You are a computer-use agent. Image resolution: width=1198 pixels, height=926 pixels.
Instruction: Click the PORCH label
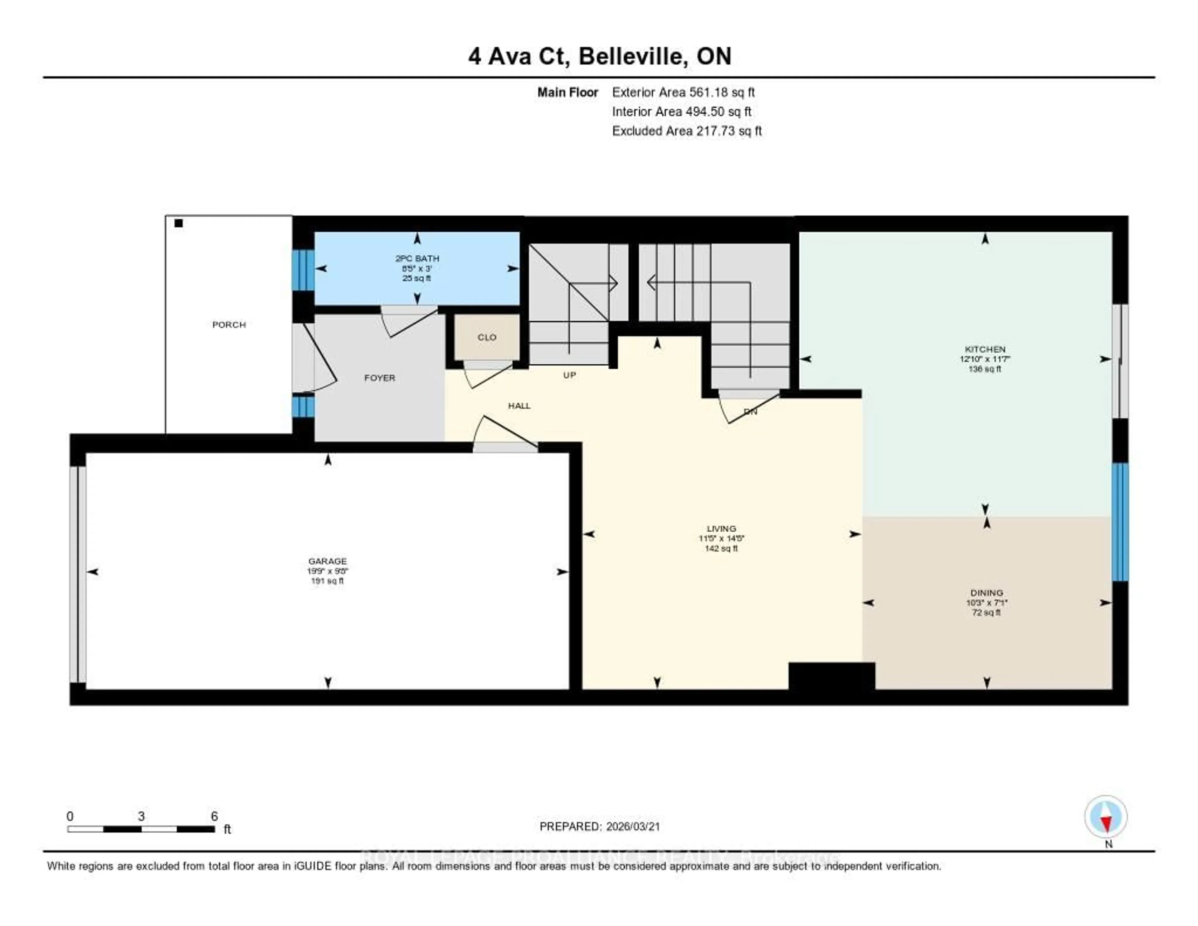pyautogui.click(x=229, y=325)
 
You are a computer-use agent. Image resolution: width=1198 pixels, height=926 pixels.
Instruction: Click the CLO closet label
pyautogui.click(x=487, y=337)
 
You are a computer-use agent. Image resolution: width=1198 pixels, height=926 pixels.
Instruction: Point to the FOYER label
pyautogui.click(x=380, y=378)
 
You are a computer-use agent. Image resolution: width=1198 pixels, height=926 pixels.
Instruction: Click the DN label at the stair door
pyautogui.click(x=750, y=412)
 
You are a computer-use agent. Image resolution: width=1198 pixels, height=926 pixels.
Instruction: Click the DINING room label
pyautogui.click(x=986, y=593)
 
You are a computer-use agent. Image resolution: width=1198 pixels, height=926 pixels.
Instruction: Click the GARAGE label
pyautogui.click(x=328, y=561)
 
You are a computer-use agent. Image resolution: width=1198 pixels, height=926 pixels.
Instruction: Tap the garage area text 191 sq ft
pyautogui.click(x=328, y=581)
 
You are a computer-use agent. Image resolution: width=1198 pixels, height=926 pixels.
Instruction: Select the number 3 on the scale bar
pyautogui.click(x=142, y=816)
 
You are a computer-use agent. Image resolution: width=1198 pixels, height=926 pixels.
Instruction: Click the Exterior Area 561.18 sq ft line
pyautogui.click(x=683, y=92)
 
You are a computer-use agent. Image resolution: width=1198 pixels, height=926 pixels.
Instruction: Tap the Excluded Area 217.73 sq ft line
pyautogui.click(x=687, y=131)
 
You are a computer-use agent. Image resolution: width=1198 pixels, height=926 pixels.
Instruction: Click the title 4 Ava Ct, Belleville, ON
pyautogui.click(x=600, y=56)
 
